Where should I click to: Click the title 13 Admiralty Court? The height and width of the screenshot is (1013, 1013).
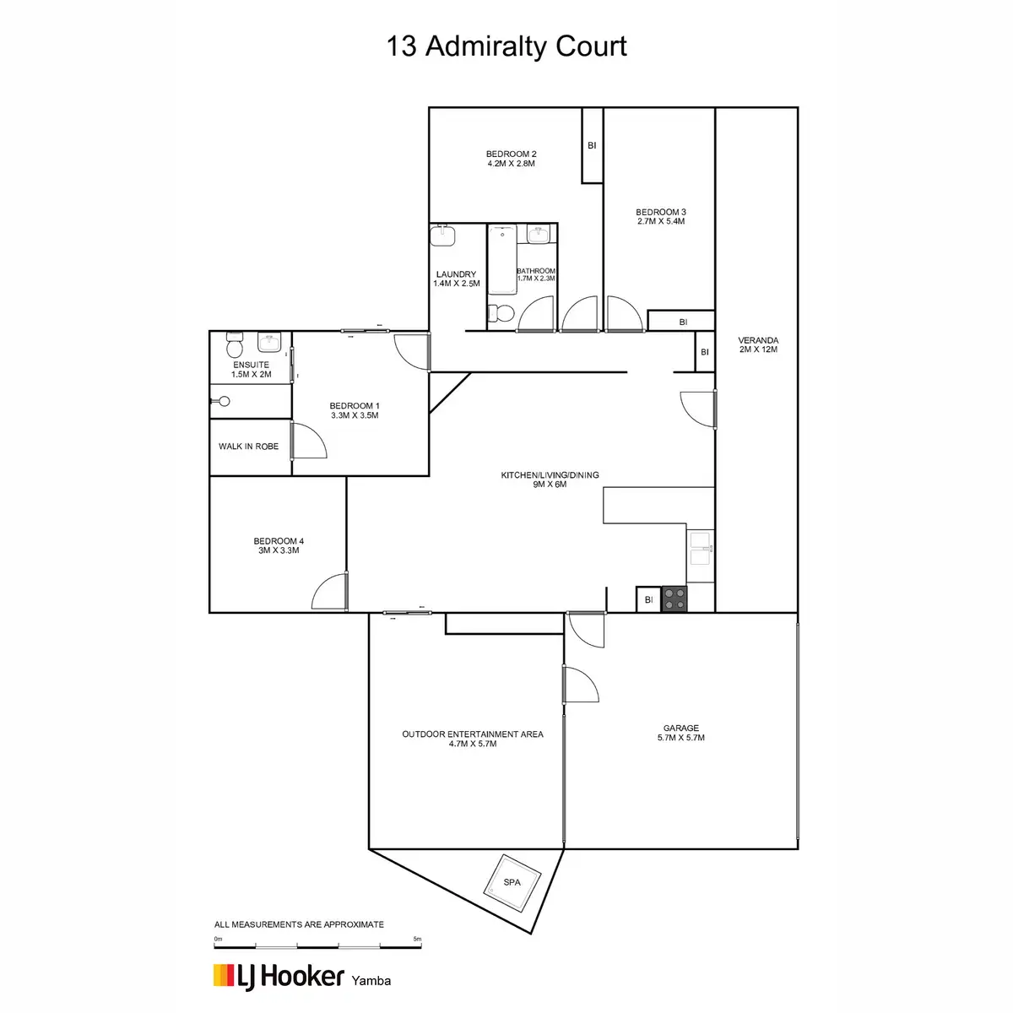point(506,46)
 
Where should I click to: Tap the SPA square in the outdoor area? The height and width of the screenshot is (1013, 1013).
point(512,882)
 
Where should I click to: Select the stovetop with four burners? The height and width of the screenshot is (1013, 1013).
point(674,599)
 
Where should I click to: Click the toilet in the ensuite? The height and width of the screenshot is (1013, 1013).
point(235,346)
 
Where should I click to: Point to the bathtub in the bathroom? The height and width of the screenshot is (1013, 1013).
point(502,259)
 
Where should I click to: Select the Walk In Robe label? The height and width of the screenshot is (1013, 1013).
point(248,447)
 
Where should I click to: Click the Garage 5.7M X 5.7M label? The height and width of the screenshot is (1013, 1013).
point(680,733)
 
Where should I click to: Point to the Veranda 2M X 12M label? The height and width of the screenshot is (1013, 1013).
point(757,345)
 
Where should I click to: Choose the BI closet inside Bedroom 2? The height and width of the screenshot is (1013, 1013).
point(592,145)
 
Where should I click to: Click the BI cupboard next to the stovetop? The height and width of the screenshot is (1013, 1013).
point(648,599)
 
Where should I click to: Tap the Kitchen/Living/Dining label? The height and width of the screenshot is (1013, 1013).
point(550,479)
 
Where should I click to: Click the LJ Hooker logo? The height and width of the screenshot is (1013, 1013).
point(279,977)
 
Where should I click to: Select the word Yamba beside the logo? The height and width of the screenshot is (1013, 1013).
point(371,981)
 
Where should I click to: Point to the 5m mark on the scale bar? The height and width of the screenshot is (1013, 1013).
point(417,940)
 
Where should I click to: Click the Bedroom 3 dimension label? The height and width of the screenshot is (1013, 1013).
point(661,221)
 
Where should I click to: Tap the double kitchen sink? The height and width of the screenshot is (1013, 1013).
point(701,549)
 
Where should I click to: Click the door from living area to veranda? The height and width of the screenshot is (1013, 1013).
point(700,409)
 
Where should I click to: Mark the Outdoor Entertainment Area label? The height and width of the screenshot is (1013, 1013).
point(473,739)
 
